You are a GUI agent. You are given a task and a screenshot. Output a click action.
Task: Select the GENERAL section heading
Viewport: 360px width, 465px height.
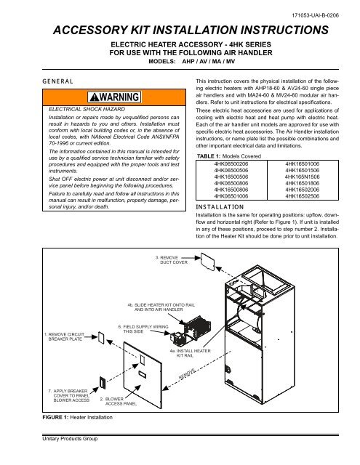point(29,84)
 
